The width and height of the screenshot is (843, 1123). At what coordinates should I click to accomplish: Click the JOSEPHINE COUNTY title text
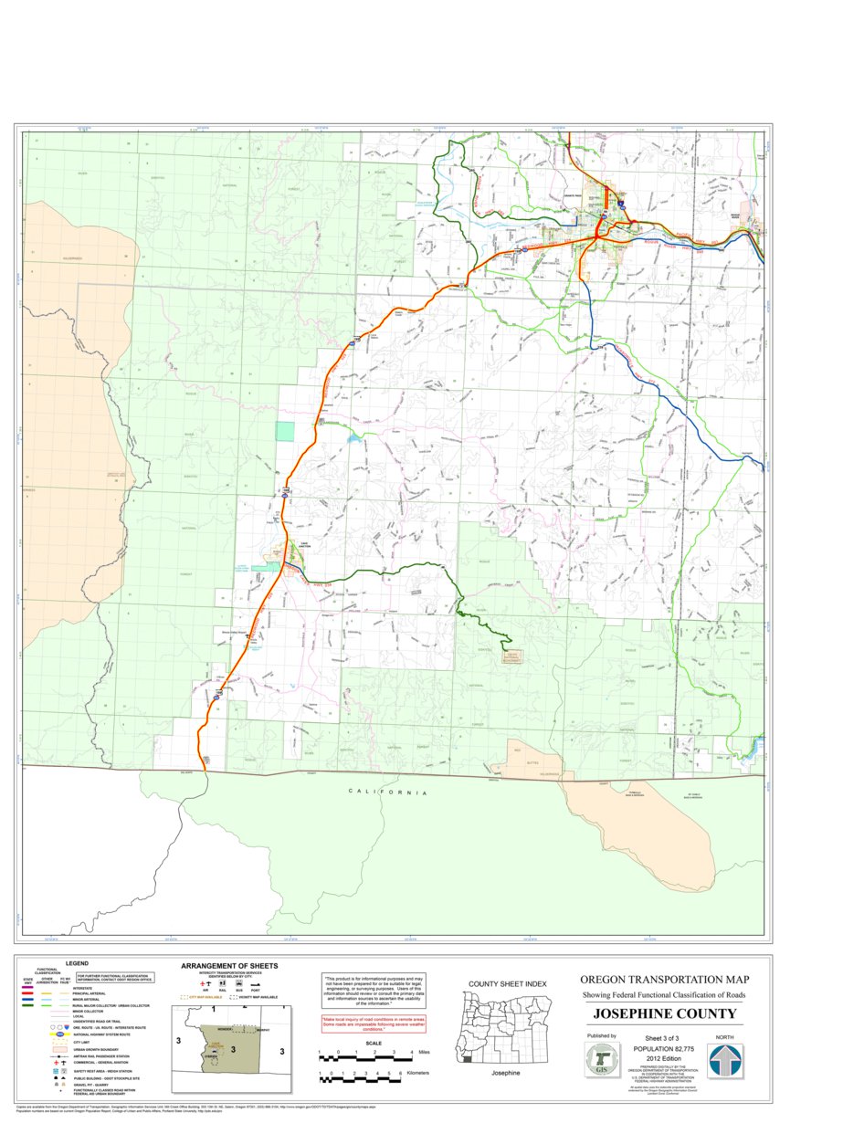coord(664,1014)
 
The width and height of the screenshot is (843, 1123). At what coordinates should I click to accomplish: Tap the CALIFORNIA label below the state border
coord(387,792)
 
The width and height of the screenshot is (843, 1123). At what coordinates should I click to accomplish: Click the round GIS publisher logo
coord(601,1062)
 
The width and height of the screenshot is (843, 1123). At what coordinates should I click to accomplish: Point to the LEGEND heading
coord(76,963)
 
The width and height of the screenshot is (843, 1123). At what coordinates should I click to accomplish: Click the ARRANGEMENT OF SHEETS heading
coord(229,966)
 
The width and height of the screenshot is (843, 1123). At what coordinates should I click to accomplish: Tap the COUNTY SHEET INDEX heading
coord(507,983)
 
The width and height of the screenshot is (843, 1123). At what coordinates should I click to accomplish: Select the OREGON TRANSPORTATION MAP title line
coord(664,980)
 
